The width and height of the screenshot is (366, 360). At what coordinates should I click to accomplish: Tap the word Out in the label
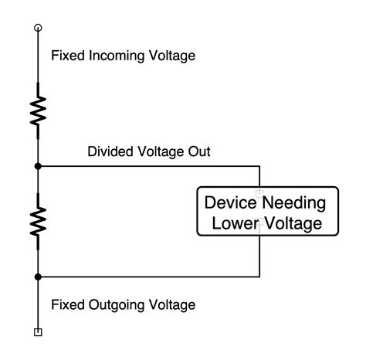tap(198, 152)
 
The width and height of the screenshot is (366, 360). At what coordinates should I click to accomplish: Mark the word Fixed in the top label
tap(66, 56)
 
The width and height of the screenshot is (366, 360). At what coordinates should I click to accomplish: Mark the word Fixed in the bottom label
tap(66, 304)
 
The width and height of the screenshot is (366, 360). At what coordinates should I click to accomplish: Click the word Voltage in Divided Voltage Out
tap(159, 152)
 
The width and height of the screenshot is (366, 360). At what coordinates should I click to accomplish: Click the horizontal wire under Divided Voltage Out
tap(147, 165)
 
